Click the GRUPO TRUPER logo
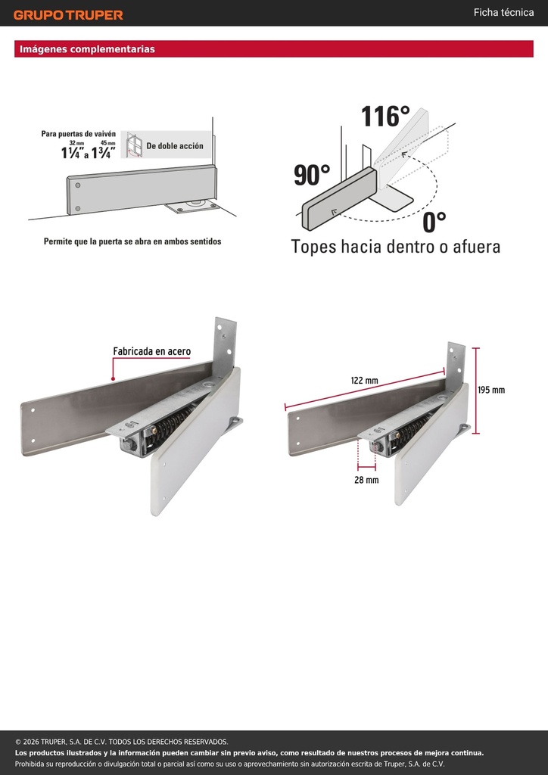point(68,15)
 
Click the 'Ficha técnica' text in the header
point(503,12)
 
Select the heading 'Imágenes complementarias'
point(88,49)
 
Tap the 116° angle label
point(385,117)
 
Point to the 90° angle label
point(312,175)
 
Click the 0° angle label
point(434,222)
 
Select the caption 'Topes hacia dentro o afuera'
point(395,246)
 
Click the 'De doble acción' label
point(174,146)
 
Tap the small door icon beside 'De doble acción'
point(132,145)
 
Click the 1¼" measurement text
point(73,153)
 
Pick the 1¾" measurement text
point(104,153)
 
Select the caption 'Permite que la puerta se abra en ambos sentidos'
point(132,241)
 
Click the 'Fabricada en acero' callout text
point(151,351)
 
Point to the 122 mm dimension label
point(364,381)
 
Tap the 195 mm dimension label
point(491,390)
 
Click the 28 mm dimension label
point(366,479)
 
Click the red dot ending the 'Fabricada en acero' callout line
point(114,379)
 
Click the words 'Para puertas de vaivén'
point(79,134)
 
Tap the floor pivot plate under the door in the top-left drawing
point(193,207)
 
